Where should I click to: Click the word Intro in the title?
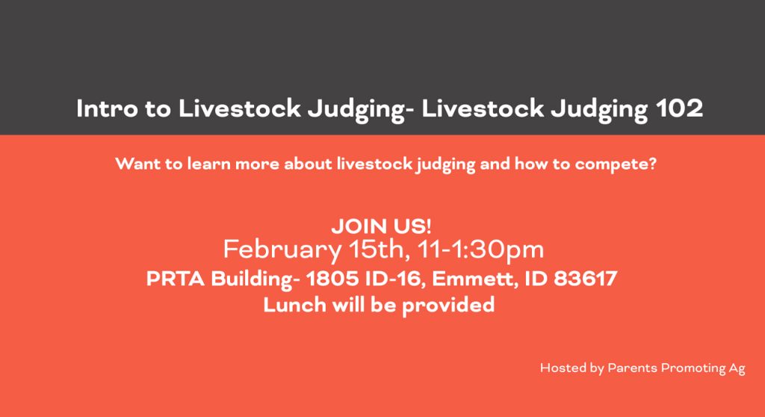click(108, 108)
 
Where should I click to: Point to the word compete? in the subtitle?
click(616, 165)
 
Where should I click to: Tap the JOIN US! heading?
click(381, 226)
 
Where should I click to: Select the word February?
click(282, 250)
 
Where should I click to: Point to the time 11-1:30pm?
click(480, 250)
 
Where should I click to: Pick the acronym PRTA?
click(175, 279)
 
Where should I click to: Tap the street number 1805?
click(332, 279)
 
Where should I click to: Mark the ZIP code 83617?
click(586, 279)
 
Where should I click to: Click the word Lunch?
click(294, 305)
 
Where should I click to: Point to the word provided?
click(448, 306)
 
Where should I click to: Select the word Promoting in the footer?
click(693, 369)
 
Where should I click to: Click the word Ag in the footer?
click(737, 369)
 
